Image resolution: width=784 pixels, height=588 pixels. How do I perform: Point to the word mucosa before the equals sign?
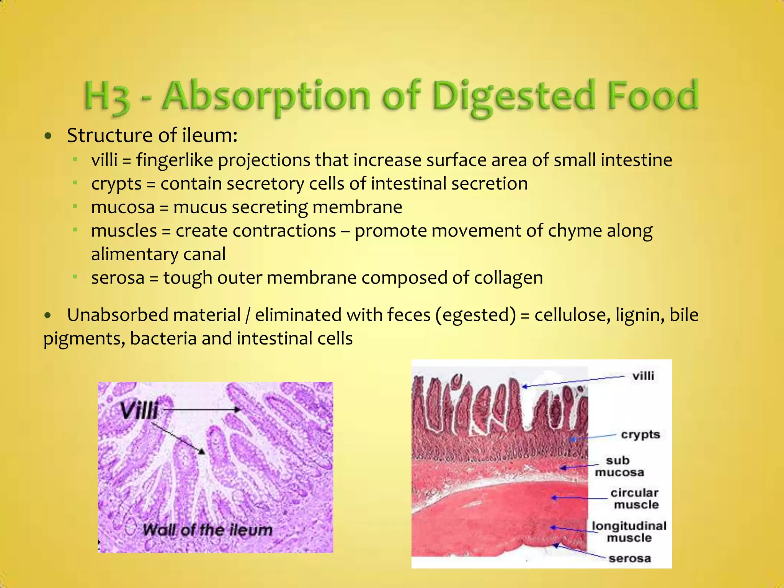123,207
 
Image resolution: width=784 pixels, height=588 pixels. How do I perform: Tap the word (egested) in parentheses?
475,315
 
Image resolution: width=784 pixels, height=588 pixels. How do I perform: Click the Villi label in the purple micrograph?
139,411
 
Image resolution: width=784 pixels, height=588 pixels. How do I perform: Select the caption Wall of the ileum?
207,530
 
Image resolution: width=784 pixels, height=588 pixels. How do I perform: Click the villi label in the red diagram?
643,376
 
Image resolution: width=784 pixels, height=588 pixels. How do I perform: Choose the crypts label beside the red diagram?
640,434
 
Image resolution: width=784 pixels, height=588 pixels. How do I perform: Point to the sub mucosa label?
619,466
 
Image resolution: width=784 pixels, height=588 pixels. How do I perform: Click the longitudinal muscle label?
629,532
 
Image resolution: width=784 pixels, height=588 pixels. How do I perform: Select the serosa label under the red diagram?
630,559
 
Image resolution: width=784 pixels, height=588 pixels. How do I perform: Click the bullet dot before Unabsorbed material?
47,316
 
